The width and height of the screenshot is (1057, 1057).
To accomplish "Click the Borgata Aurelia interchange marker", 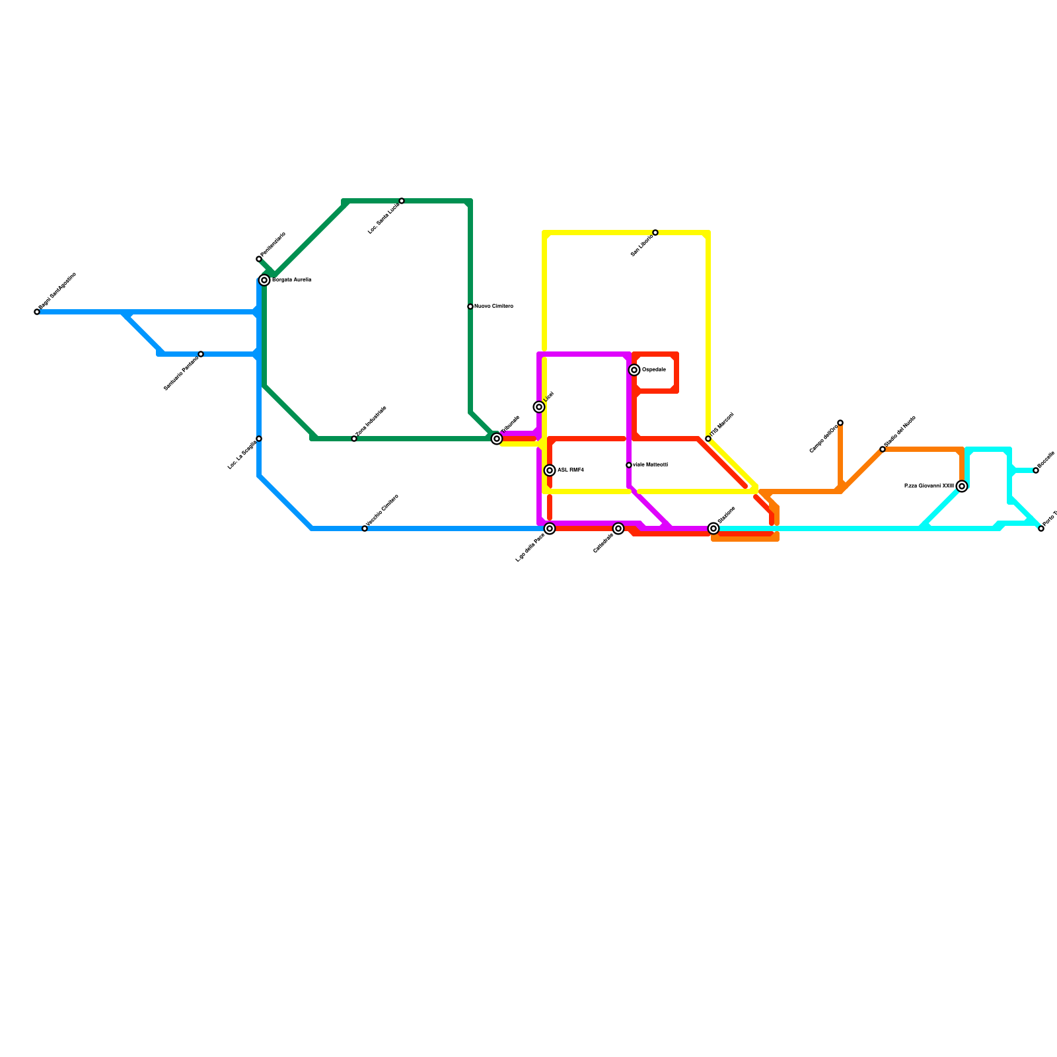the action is coord(264,280).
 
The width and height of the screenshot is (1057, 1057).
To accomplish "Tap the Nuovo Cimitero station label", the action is coord(493,307).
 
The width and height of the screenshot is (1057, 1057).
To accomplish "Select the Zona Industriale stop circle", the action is coord(354,439).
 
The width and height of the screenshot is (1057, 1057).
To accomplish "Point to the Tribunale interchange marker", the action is coord(497,439).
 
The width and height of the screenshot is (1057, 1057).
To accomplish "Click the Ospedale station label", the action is coord(654,369).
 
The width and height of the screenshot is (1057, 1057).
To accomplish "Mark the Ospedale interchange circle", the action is coord(634,370).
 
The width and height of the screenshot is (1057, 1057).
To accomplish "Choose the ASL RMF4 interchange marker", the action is coord(550,470).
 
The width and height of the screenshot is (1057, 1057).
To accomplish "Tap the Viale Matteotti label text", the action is coord(650,465).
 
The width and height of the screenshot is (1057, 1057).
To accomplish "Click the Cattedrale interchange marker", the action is coord(618,528).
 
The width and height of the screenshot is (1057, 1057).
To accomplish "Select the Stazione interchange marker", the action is coord(713,528).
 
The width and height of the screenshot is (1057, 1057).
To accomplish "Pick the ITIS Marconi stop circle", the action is coord(708,439).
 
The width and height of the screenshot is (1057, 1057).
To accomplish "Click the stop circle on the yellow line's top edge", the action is coord(655,233).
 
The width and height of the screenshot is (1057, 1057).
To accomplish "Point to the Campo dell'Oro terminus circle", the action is coord(840,423).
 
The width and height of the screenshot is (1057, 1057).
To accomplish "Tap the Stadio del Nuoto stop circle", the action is coord(883,449).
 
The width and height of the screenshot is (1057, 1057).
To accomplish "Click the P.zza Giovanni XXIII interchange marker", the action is coord(962,486).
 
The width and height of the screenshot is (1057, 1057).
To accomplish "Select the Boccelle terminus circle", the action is coord(1036,470).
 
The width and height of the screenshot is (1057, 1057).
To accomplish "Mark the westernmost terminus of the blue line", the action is coord(37,312).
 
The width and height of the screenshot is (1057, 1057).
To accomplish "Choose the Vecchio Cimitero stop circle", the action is coord(365,528).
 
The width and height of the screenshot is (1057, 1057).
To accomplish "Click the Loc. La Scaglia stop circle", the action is coord(259,439).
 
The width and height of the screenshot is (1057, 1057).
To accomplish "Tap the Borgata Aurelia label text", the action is coord(291,280).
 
